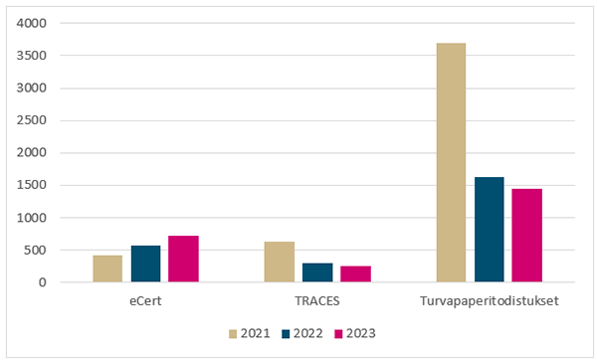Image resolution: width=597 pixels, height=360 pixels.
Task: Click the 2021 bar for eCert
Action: [x=108, y=269]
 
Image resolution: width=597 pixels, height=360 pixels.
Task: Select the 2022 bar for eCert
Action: [x=145, y=264]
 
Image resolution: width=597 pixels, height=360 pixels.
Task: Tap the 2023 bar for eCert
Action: [x=183, y=259]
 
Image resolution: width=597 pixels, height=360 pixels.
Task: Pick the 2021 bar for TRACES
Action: [x=280, y=262]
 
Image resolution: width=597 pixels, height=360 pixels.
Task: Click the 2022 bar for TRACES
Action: [x=317, y=272]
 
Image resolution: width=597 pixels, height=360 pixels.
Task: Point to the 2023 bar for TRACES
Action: [x=355, y=273]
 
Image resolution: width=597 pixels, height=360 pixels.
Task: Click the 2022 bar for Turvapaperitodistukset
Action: [x=489, y=230]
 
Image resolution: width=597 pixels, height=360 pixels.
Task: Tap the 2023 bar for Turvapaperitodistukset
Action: [x=526, y=235]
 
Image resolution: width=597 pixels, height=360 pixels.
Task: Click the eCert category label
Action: [x=145, y=298]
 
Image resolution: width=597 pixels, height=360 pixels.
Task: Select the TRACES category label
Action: [x=317, y=298]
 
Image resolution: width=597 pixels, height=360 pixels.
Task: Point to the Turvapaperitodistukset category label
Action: [x=489, y=298]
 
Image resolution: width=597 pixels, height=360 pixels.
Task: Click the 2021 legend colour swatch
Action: [x=235, y=333]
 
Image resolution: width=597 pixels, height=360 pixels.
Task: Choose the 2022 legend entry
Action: [x=303, y=333]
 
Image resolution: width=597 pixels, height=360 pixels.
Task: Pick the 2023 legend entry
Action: [x=354, y=333]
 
